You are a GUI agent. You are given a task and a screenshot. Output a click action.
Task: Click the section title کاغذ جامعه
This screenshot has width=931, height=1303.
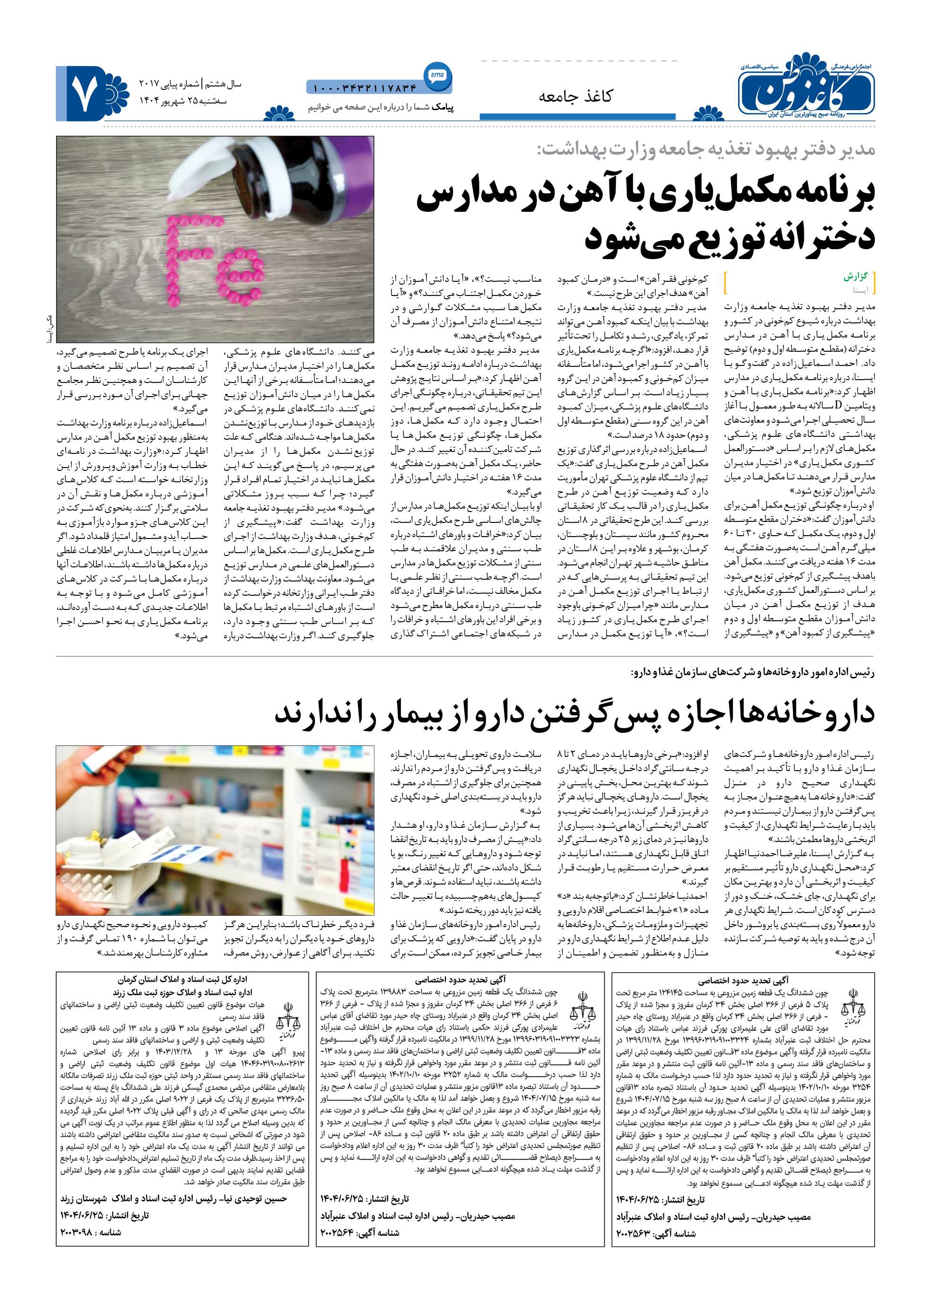click(x=575, y=96)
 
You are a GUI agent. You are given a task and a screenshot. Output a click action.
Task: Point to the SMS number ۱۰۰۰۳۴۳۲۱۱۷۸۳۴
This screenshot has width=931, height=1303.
click(x=365, y=88)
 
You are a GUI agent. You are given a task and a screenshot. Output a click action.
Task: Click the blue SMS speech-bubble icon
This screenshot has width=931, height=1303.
click(x=437, y=75)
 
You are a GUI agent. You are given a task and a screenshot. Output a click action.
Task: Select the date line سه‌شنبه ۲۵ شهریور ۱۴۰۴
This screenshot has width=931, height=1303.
click(x=183, y=101)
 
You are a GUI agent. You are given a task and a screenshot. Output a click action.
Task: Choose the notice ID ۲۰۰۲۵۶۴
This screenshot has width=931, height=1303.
click(x=339, y=1233)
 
